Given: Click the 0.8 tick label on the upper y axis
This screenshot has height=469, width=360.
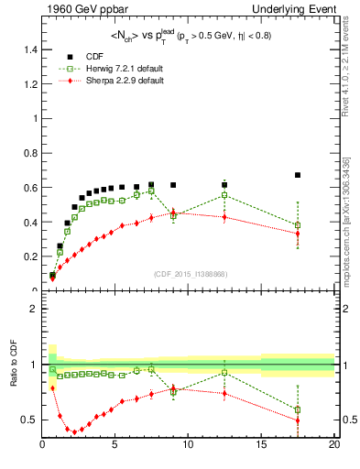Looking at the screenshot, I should pyautogui.click(x=30, y=152).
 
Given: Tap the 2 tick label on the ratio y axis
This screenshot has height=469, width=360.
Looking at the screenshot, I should pyautogui.click(x=34, y=309).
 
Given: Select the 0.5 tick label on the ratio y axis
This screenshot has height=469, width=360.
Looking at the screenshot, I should pyautogui.click(x=30, y=420).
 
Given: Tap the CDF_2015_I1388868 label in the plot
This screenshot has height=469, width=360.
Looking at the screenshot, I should pyautogui.click(x=189, y=274).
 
